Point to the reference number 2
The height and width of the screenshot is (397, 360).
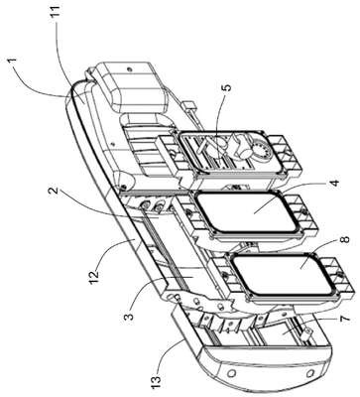(54, 192)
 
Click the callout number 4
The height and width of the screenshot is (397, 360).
(334, 183)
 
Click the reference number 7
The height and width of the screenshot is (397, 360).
(344, 319)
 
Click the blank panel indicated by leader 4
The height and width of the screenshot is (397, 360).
(245, 212)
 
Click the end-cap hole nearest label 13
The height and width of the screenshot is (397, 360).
(232, 373)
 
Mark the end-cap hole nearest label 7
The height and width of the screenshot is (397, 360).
(310, 373)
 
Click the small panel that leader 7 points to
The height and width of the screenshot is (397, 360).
(282, 334)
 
